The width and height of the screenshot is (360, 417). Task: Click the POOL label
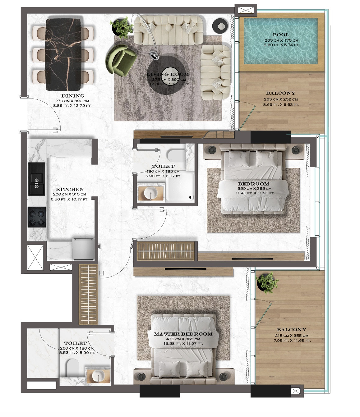point(281,35)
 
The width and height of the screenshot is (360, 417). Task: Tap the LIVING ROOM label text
point(168,74)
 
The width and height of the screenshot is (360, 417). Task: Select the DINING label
point(73,96)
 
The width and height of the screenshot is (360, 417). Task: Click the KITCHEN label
point(70,190)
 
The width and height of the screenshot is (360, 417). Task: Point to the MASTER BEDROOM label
point(183,334)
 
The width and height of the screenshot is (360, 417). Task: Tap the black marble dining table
point(63,54)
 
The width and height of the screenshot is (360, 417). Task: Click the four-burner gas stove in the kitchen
point(36,217)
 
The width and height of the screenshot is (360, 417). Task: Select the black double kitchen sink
point(36,179)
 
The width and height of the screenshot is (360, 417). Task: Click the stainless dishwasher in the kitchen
point(83,249)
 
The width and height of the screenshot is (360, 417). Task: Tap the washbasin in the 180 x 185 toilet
point(151,193)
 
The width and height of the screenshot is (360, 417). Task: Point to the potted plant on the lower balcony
point(267,282)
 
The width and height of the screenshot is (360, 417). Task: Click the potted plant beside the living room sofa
point(122,27)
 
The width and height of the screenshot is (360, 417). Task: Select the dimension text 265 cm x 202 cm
point(281,99)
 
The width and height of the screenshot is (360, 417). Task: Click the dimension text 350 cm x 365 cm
point(254,188)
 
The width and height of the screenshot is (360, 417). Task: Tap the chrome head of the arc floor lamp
point(154,55)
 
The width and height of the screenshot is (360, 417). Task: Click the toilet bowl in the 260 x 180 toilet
point(73,368)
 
